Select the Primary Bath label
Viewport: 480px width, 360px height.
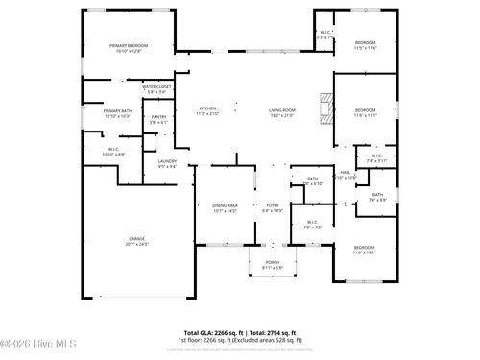point(117,113)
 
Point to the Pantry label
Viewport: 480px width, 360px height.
point(158,120)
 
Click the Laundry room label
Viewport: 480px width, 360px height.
point(167,163)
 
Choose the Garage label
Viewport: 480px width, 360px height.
point(137,241)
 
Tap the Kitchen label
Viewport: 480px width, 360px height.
point(207,111)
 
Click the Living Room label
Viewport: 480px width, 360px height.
point(281,111)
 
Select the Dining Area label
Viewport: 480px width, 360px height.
point(225,207)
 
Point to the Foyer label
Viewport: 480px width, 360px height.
point(273,207)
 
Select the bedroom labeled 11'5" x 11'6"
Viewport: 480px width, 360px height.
point(365,45)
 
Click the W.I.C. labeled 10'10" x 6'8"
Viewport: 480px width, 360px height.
point(112,152)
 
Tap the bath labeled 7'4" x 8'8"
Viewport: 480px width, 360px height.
point(377,198)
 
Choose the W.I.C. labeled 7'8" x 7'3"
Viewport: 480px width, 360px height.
point(313,225)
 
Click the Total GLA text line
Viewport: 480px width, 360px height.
point(239,331)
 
